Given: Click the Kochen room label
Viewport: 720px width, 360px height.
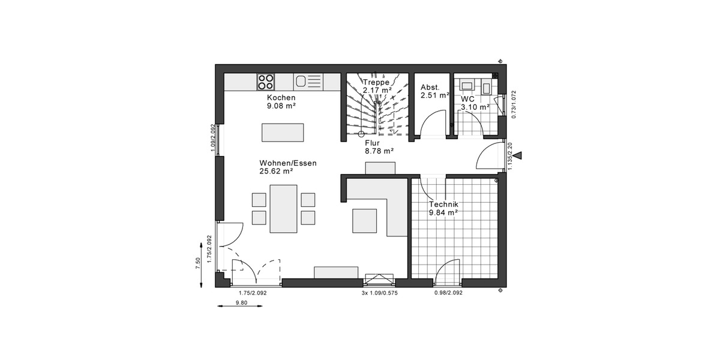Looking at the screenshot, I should (281, 97).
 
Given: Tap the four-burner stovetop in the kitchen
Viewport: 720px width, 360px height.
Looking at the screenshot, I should (266, 81).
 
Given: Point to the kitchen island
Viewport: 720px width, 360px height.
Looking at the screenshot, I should (282, 131).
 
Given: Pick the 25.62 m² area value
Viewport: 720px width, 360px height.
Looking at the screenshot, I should (277, 171).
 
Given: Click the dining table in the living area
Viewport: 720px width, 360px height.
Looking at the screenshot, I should (283, 208).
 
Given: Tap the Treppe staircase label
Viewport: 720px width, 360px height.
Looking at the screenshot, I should (377, 82).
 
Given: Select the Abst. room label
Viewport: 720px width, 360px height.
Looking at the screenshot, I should (430, 87).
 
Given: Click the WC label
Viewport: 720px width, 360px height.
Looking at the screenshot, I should (468, 98).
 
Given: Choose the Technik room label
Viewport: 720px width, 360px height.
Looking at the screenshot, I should (443, 204).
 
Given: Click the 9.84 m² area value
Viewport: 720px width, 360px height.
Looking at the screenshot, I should (443, 212).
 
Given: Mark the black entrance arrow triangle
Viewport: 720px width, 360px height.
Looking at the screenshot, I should (518, 156).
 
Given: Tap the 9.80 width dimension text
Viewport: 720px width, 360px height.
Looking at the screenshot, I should (241, 302).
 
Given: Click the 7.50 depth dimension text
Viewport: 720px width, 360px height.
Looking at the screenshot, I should (198, 264).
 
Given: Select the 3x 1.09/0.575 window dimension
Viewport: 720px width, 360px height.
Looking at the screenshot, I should (380, 293).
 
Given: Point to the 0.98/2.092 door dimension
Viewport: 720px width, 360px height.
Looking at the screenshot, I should (448, 293).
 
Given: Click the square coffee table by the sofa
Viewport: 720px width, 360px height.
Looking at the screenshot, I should (364, 220).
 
